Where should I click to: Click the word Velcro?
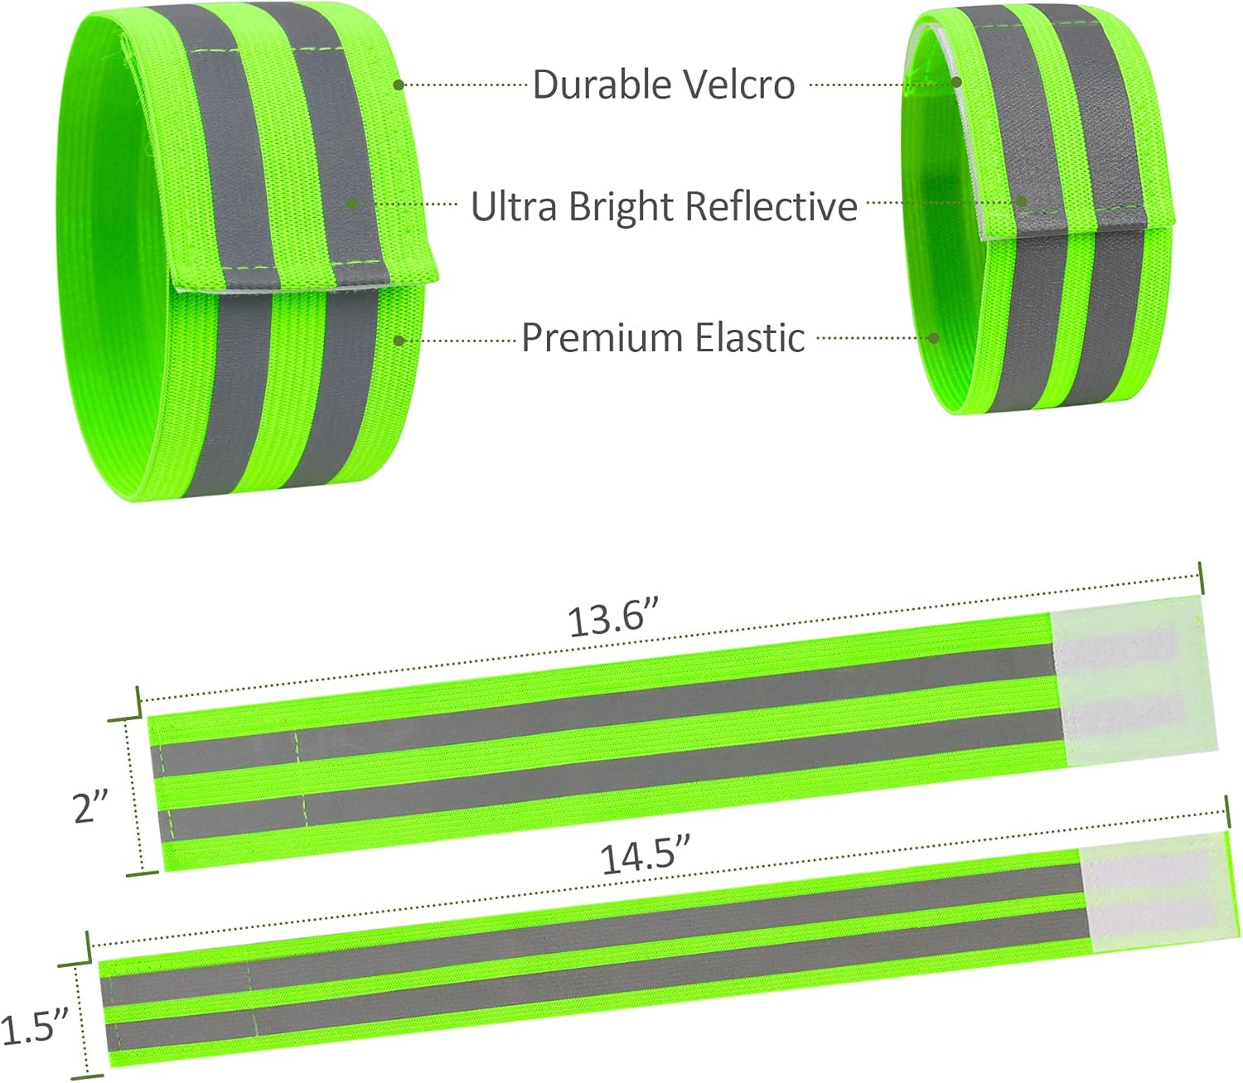coord(740,85)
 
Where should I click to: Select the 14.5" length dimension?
coord(646,855)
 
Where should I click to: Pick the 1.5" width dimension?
coord(33,1028)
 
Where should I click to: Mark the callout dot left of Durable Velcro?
coord(399,85)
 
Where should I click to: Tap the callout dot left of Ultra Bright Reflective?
coord(351,204)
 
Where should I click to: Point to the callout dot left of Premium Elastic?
coord(399,340)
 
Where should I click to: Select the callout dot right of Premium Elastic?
coord(934,338)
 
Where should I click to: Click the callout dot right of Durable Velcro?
coord(956,82)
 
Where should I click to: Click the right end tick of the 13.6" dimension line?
coord(1199,575)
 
